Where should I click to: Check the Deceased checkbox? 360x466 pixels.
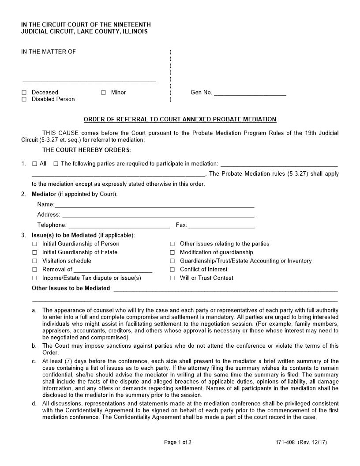pyautogui.click(x=24, y=93)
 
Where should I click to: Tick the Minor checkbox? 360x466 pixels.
pyautogui.click(x=103, y=93)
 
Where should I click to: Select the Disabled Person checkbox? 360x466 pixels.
pyautogui.click(x=24, y=99)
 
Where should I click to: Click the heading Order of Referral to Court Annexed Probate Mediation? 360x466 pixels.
pyautogui.click(x=180, y=119)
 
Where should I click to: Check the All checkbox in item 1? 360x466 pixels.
pyautogui.click(x=34, y=164)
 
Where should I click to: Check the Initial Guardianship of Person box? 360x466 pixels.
pyautogui.click(x=34, y=244)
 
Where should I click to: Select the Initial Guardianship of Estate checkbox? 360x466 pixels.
pyautogui.click(x=34, y=252)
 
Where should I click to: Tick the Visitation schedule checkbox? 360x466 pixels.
pyautogui.click(x=34, y=261)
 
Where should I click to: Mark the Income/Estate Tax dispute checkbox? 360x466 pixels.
pyautogui.click(x=34, y=278)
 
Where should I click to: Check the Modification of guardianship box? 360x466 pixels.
pyautogui.click(x=172, y=252)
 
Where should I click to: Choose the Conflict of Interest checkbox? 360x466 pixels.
pyautogui.click(x=172, y=270)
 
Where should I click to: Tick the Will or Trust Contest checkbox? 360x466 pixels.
pyautogui.click(x=172, y=278)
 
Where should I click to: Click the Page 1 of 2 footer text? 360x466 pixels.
pyautogui.click(x=178, y=442)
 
